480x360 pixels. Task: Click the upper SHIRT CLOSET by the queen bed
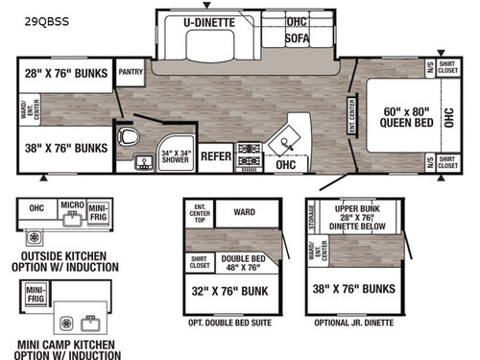tap(446, 68)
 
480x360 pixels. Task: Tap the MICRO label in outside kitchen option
tap(70, 206)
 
